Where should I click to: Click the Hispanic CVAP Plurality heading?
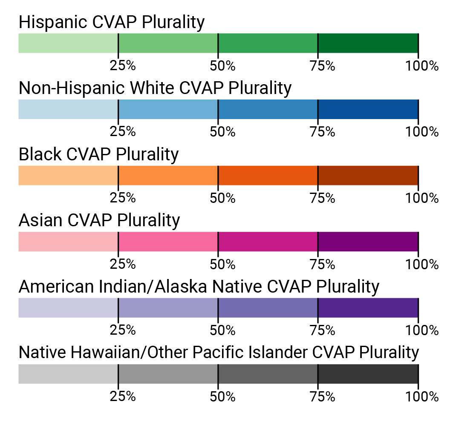(x=112, y=22)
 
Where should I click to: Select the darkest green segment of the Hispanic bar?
(x=368, y=43)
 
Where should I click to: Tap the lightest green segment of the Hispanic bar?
(x=68, y=43)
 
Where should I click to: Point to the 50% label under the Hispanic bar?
(x=222, y=66)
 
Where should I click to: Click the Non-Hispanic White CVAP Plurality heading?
(x=155, y=88)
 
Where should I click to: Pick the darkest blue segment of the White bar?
(x=368, y=109)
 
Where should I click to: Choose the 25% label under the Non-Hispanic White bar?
(x=123, y=132)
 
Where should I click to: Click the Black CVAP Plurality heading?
(x=98, y=154)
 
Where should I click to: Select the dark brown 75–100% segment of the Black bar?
(x=368, y=175)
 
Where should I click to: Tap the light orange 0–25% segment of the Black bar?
(x=68, y=175)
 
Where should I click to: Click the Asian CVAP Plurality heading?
(x=99, y=220)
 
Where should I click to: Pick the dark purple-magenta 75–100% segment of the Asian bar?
(x=368, y=241)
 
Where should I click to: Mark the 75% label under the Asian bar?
(x=323, y=264)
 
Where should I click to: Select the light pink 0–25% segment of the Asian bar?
(x=68, y=241)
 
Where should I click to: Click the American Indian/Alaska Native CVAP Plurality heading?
(x=199, y=287)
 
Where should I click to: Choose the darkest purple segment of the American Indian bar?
(x=368, y=307)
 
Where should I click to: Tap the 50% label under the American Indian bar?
(x=222, y=330)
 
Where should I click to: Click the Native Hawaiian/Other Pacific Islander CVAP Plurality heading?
(x=219, y=353)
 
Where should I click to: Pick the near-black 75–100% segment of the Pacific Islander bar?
(x=368, y=373)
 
